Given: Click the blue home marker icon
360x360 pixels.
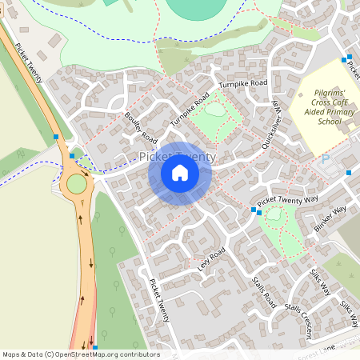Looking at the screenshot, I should [x=180, y=173].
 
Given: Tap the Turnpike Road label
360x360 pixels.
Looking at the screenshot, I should [x=242, y=83].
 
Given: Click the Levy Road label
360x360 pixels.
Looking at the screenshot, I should [x=211, y=259].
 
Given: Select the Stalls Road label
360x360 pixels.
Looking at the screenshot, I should [x=263, y=292].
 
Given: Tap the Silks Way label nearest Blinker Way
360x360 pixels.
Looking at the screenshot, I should [x=319, y=281].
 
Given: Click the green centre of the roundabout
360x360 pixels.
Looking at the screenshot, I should [x=77, y=184].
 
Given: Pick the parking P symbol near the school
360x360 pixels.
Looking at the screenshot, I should [x=325, y=160].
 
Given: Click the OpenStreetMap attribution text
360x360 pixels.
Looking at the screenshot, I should [x=80, y=354].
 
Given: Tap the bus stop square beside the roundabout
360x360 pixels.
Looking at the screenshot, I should [x=72, y=156].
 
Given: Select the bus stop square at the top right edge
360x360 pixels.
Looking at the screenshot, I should [x=346, y=59].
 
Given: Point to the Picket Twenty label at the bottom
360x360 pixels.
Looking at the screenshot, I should [x=159, y=299].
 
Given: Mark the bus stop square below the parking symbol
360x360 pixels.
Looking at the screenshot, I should [x=349, y=173].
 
